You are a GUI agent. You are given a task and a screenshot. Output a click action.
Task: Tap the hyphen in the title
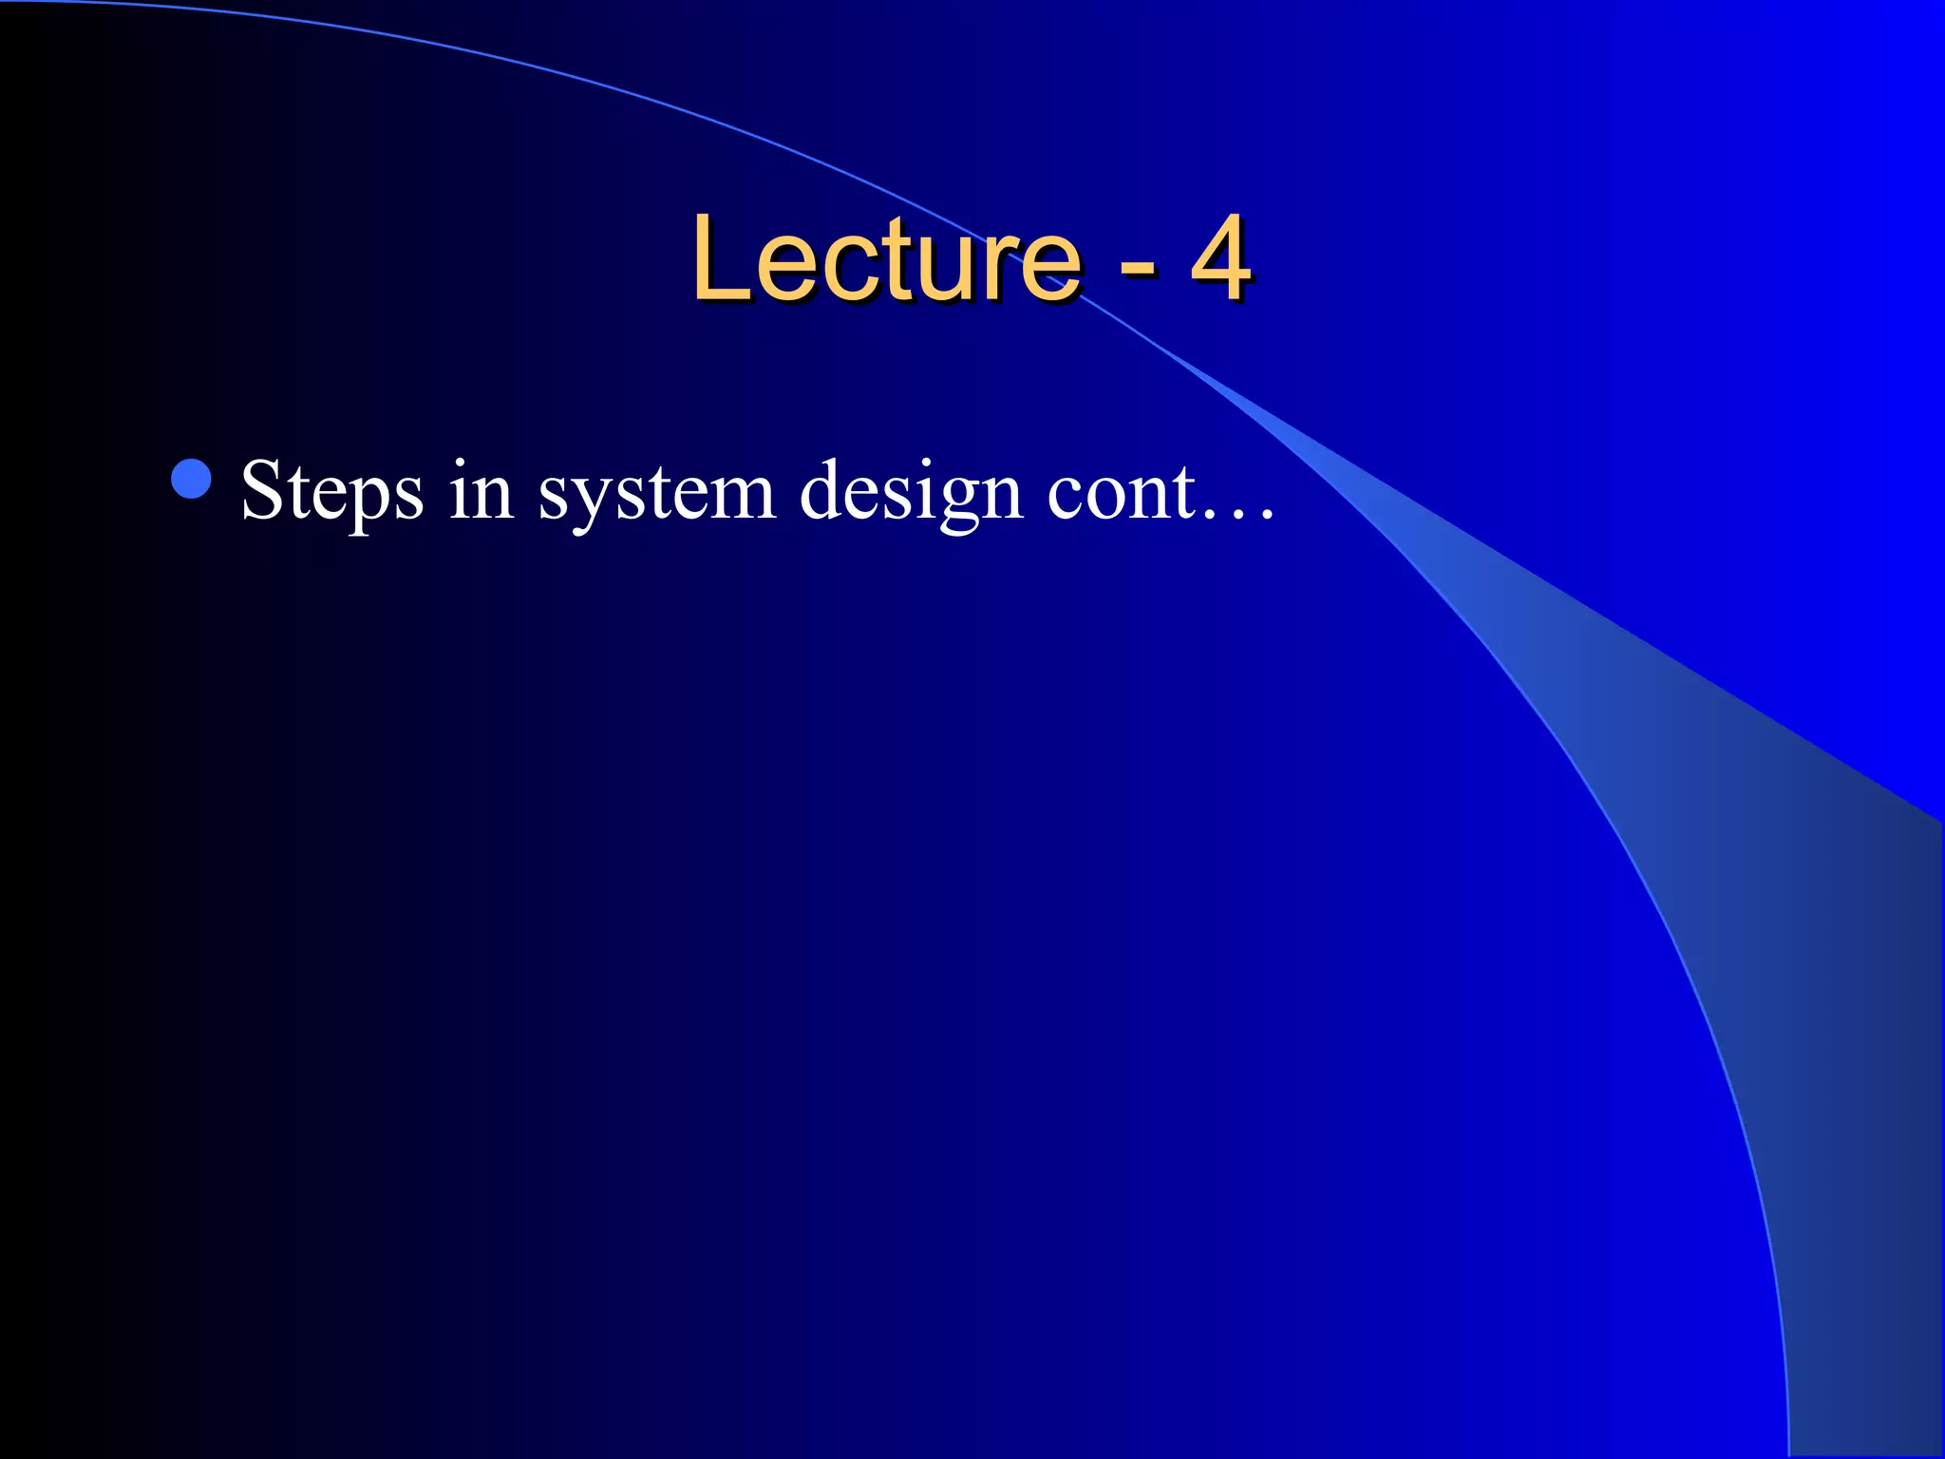pos(1137,268)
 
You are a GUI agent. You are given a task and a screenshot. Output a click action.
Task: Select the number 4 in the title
pos(1220,258)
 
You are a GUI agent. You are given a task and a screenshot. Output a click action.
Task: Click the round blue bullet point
pos(192,479)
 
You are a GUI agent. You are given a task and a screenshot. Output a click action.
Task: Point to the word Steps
pos(331,492)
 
